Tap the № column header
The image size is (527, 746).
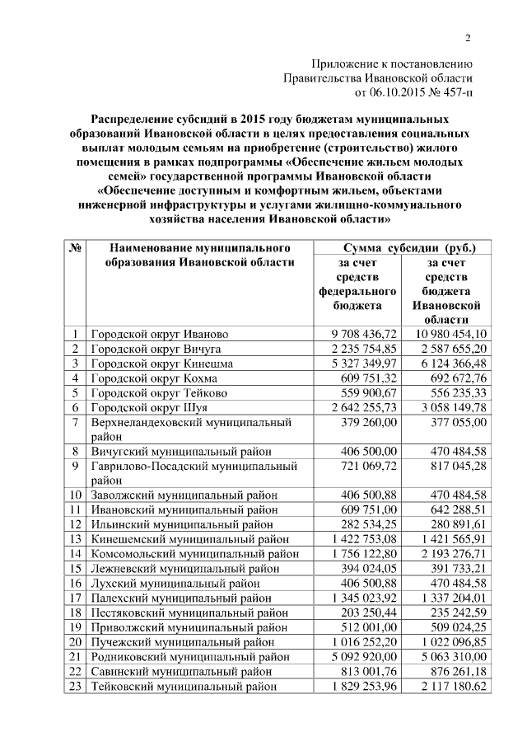pos(75,248)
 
